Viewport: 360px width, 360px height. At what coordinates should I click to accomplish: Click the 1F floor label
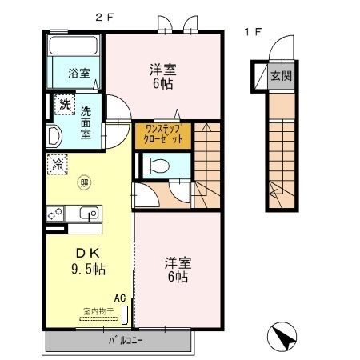coord(253,33)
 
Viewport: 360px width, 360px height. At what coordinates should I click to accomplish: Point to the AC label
coord(120,298)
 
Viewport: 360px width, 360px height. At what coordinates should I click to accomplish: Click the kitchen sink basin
coord(88,214)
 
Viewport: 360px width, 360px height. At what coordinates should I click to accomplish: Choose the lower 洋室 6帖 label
coord(177,270)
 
